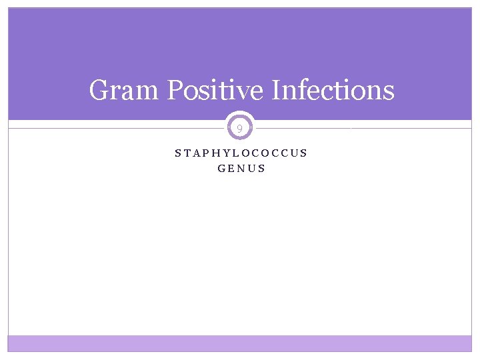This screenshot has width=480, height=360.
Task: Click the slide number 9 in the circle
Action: click(x=240, y=127)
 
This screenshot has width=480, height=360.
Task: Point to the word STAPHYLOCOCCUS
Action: click(x=241, y=153)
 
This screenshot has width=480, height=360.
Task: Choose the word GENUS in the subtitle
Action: click(x=241, y=169)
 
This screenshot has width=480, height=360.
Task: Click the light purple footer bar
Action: click(x=240, y=343)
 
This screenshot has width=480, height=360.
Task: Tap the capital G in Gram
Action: click(x=99, y=90)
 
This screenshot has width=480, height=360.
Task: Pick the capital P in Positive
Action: click(x=175, y=90)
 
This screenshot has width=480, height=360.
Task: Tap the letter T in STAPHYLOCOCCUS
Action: click(x=187, y=153)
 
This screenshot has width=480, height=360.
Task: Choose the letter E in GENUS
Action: click(x=231, y=169)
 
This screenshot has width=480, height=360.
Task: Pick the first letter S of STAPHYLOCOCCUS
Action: click(x=178, y=153)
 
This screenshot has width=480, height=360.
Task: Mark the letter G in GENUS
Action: click(x=221, y=169)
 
